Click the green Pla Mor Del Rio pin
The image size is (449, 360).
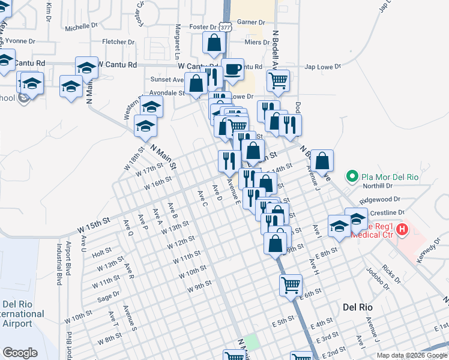click(352, 177)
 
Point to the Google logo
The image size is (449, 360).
click(20, 353)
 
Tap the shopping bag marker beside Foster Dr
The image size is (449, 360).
click(214, 43)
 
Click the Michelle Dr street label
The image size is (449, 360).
click(81, 27)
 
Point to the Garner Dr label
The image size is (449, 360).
click(251, 22)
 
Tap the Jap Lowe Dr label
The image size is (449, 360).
click(324, 67)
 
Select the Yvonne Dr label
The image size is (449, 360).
click(20, 41)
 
